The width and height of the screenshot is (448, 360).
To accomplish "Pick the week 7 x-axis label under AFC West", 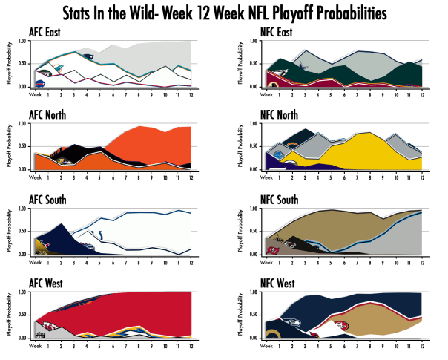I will pos(114,344).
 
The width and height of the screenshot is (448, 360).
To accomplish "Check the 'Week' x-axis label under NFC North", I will pos(259,177).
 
